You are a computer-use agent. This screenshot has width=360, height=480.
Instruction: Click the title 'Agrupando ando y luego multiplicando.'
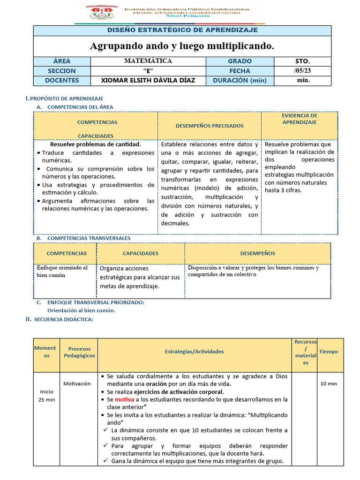pos(182,46)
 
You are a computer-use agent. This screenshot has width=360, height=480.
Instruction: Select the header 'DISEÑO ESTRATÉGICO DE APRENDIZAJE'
pos(182,30)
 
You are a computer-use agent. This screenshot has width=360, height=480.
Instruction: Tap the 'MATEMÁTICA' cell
pos(148,61)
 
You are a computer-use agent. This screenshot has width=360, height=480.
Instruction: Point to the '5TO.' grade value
pos(302,61)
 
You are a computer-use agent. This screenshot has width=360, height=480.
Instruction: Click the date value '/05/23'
pos(302,71)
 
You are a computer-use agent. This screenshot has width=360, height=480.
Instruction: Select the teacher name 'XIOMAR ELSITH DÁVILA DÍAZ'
pos(148,80)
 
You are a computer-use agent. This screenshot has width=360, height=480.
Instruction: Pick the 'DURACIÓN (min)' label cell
pos(240,80)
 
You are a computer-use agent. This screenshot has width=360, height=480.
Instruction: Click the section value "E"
pos(148,71)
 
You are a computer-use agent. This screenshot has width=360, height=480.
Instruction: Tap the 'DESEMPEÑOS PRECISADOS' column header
pos(210,126)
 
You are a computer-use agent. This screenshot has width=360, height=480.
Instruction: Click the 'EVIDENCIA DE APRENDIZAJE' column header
pos(300,119)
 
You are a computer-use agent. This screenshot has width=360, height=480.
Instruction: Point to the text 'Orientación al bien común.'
pos(82,310)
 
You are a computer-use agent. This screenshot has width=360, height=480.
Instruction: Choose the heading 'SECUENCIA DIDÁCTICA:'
pos(63,319)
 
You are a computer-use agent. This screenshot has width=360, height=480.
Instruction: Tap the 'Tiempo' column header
pos(328,352)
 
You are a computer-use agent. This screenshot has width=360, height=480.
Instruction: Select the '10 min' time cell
pos(328,384)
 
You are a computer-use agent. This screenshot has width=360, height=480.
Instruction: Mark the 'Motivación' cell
pos(77,383)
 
